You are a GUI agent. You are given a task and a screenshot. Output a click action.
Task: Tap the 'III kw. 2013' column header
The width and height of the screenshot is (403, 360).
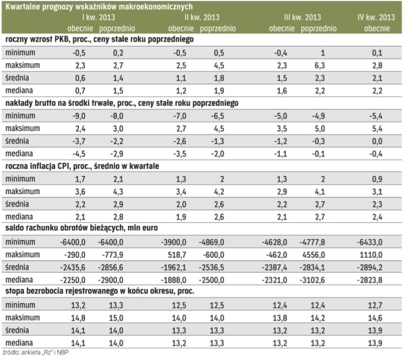(x=303, y=18)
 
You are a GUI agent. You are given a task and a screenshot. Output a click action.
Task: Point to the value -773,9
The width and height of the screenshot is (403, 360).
(x=120, y=253)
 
